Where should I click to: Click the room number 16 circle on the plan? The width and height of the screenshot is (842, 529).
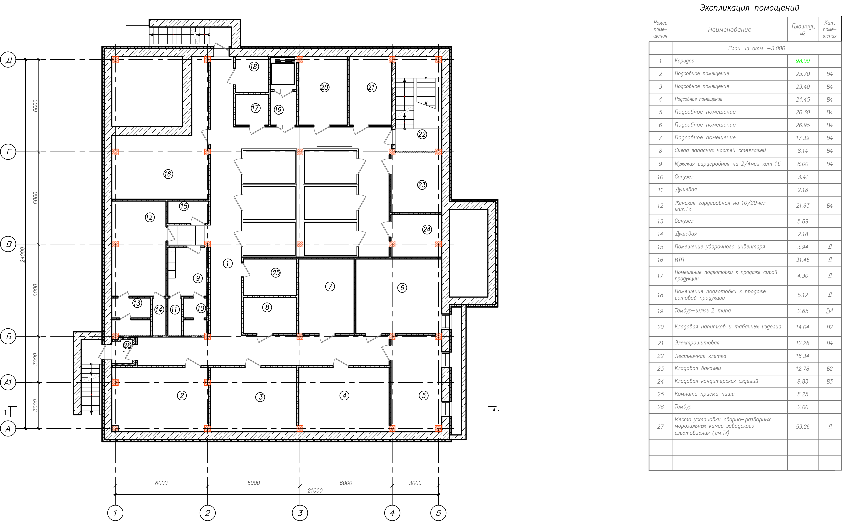coord(168,174)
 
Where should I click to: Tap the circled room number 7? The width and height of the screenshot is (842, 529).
coord(330,286)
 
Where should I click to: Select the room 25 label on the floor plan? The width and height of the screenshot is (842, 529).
coord(276,273)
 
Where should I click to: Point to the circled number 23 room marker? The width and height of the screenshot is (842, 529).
coord(422,185)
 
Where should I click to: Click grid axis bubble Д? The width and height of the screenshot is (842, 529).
coord(8,60)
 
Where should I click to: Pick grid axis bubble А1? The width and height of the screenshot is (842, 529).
coord(8,383)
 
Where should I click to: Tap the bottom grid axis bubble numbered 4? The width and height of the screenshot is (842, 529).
coord(392,513)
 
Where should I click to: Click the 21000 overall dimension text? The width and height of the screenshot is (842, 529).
coord(315,491)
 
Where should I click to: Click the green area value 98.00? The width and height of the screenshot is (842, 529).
coord(803,61)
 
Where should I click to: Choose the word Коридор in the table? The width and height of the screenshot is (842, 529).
coord(684,61)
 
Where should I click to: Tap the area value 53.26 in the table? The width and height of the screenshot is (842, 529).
coord(803,427)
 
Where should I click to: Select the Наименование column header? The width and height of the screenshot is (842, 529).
coord(729,30)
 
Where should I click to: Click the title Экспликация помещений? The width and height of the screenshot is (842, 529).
coord(749,8)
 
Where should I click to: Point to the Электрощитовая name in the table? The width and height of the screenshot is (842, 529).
coord(697,343)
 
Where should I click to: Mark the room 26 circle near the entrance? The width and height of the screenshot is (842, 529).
coord(127,345)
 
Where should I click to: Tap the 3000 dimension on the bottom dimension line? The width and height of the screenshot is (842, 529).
coord(415,483)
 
